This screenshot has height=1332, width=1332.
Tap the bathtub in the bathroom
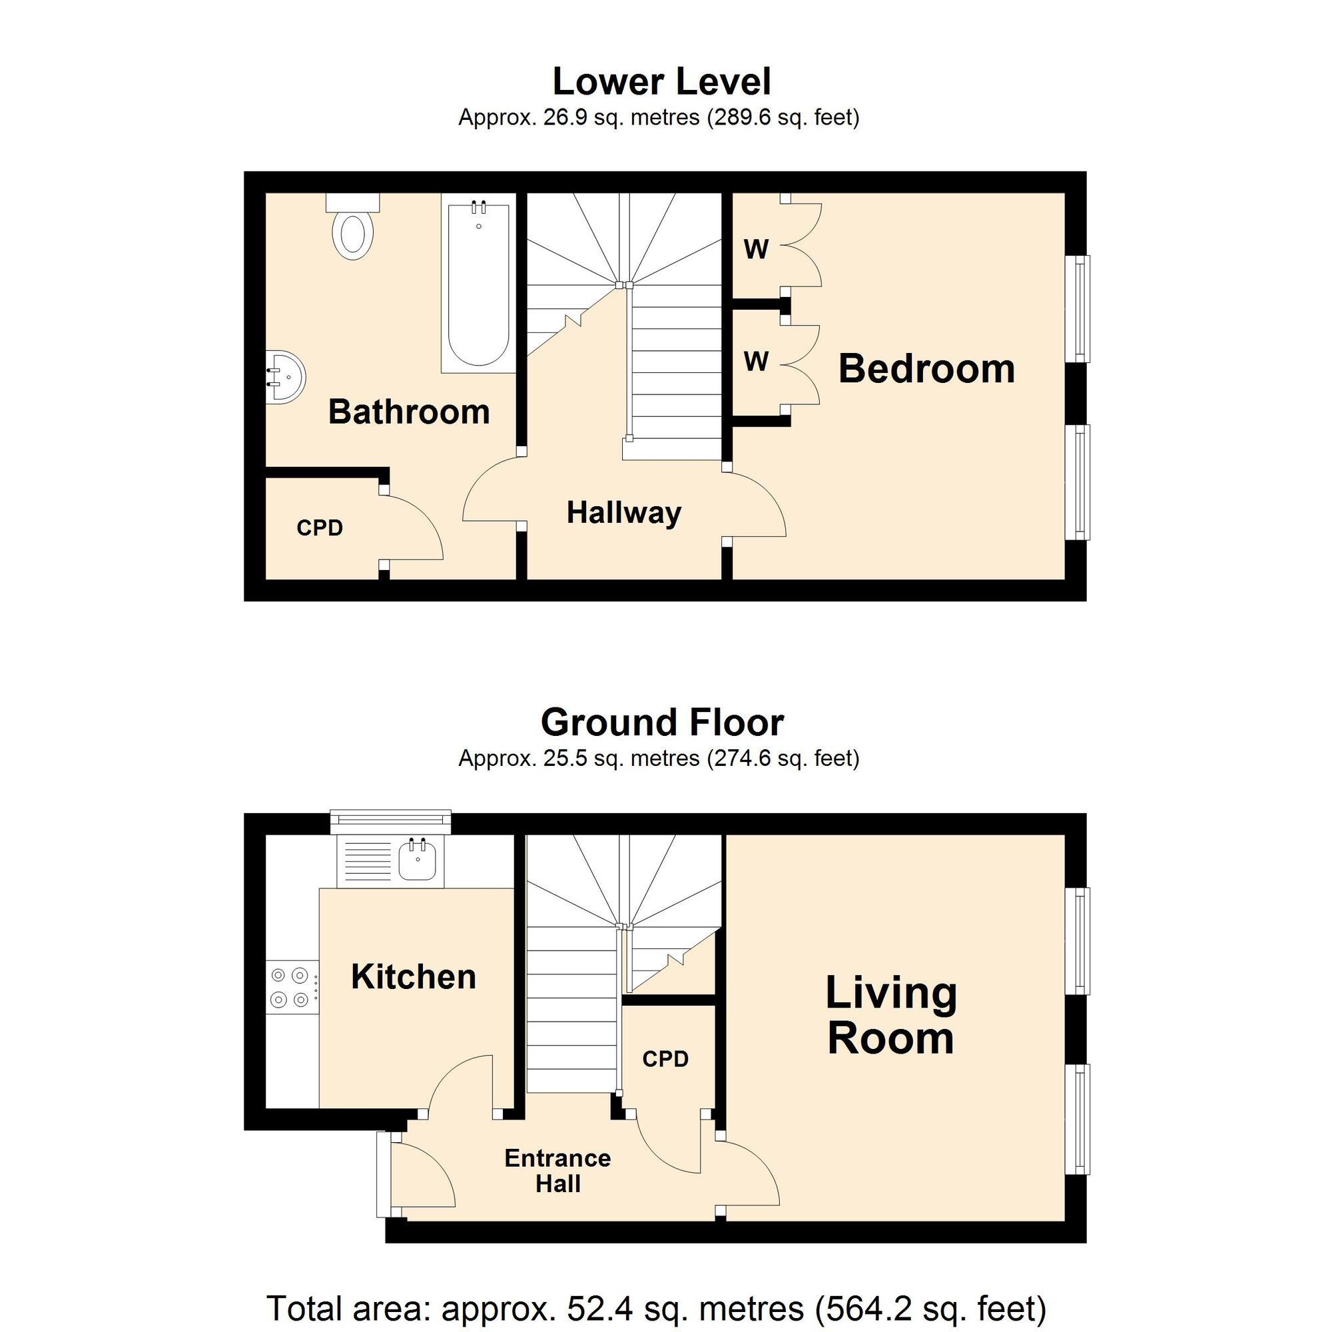tap(478, 283)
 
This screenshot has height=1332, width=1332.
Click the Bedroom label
tap(926, 369)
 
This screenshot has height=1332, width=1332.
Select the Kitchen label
tap(414, 977)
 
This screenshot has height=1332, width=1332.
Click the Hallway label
tap(624, 513)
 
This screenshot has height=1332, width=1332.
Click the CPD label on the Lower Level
tap(320, 528)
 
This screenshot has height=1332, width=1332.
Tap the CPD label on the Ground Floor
tap(665, 1059)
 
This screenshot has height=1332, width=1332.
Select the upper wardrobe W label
tap(757, 250)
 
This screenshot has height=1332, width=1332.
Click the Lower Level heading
tap(662, 81)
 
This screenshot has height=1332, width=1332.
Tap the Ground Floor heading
tap(662, 723)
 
